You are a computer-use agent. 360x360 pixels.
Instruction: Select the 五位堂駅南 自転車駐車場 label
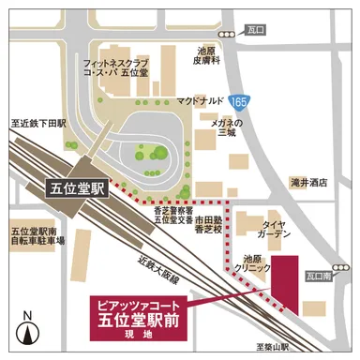tap(37, 235)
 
